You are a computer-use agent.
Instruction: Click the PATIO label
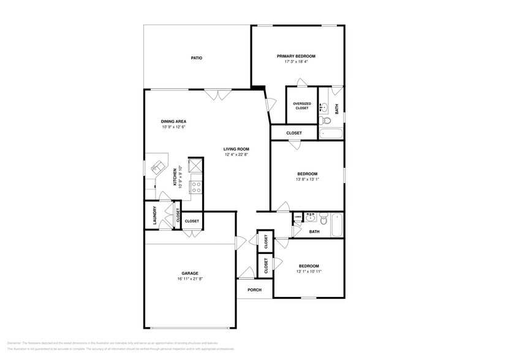[196, 58]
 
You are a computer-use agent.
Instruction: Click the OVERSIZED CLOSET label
[301, 106]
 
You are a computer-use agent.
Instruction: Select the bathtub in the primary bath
[331, 133]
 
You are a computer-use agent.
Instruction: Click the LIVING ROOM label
[236, 149]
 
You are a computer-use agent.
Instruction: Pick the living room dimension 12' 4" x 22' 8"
[236, 154]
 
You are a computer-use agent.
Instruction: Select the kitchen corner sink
[156, 166]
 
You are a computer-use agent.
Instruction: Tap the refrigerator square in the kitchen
[195, 165]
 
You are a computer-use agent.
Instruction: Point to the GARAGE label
[189, 273]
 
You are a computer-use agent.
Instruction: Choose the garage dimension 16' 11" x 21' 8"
[189, 279]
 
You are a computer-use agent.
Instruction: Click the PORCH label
[254, 290]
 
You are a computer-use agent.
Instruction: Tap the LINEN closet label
[298, 216]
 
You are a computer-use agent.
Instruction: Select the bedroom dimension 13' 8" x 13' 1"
[307, 179]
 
